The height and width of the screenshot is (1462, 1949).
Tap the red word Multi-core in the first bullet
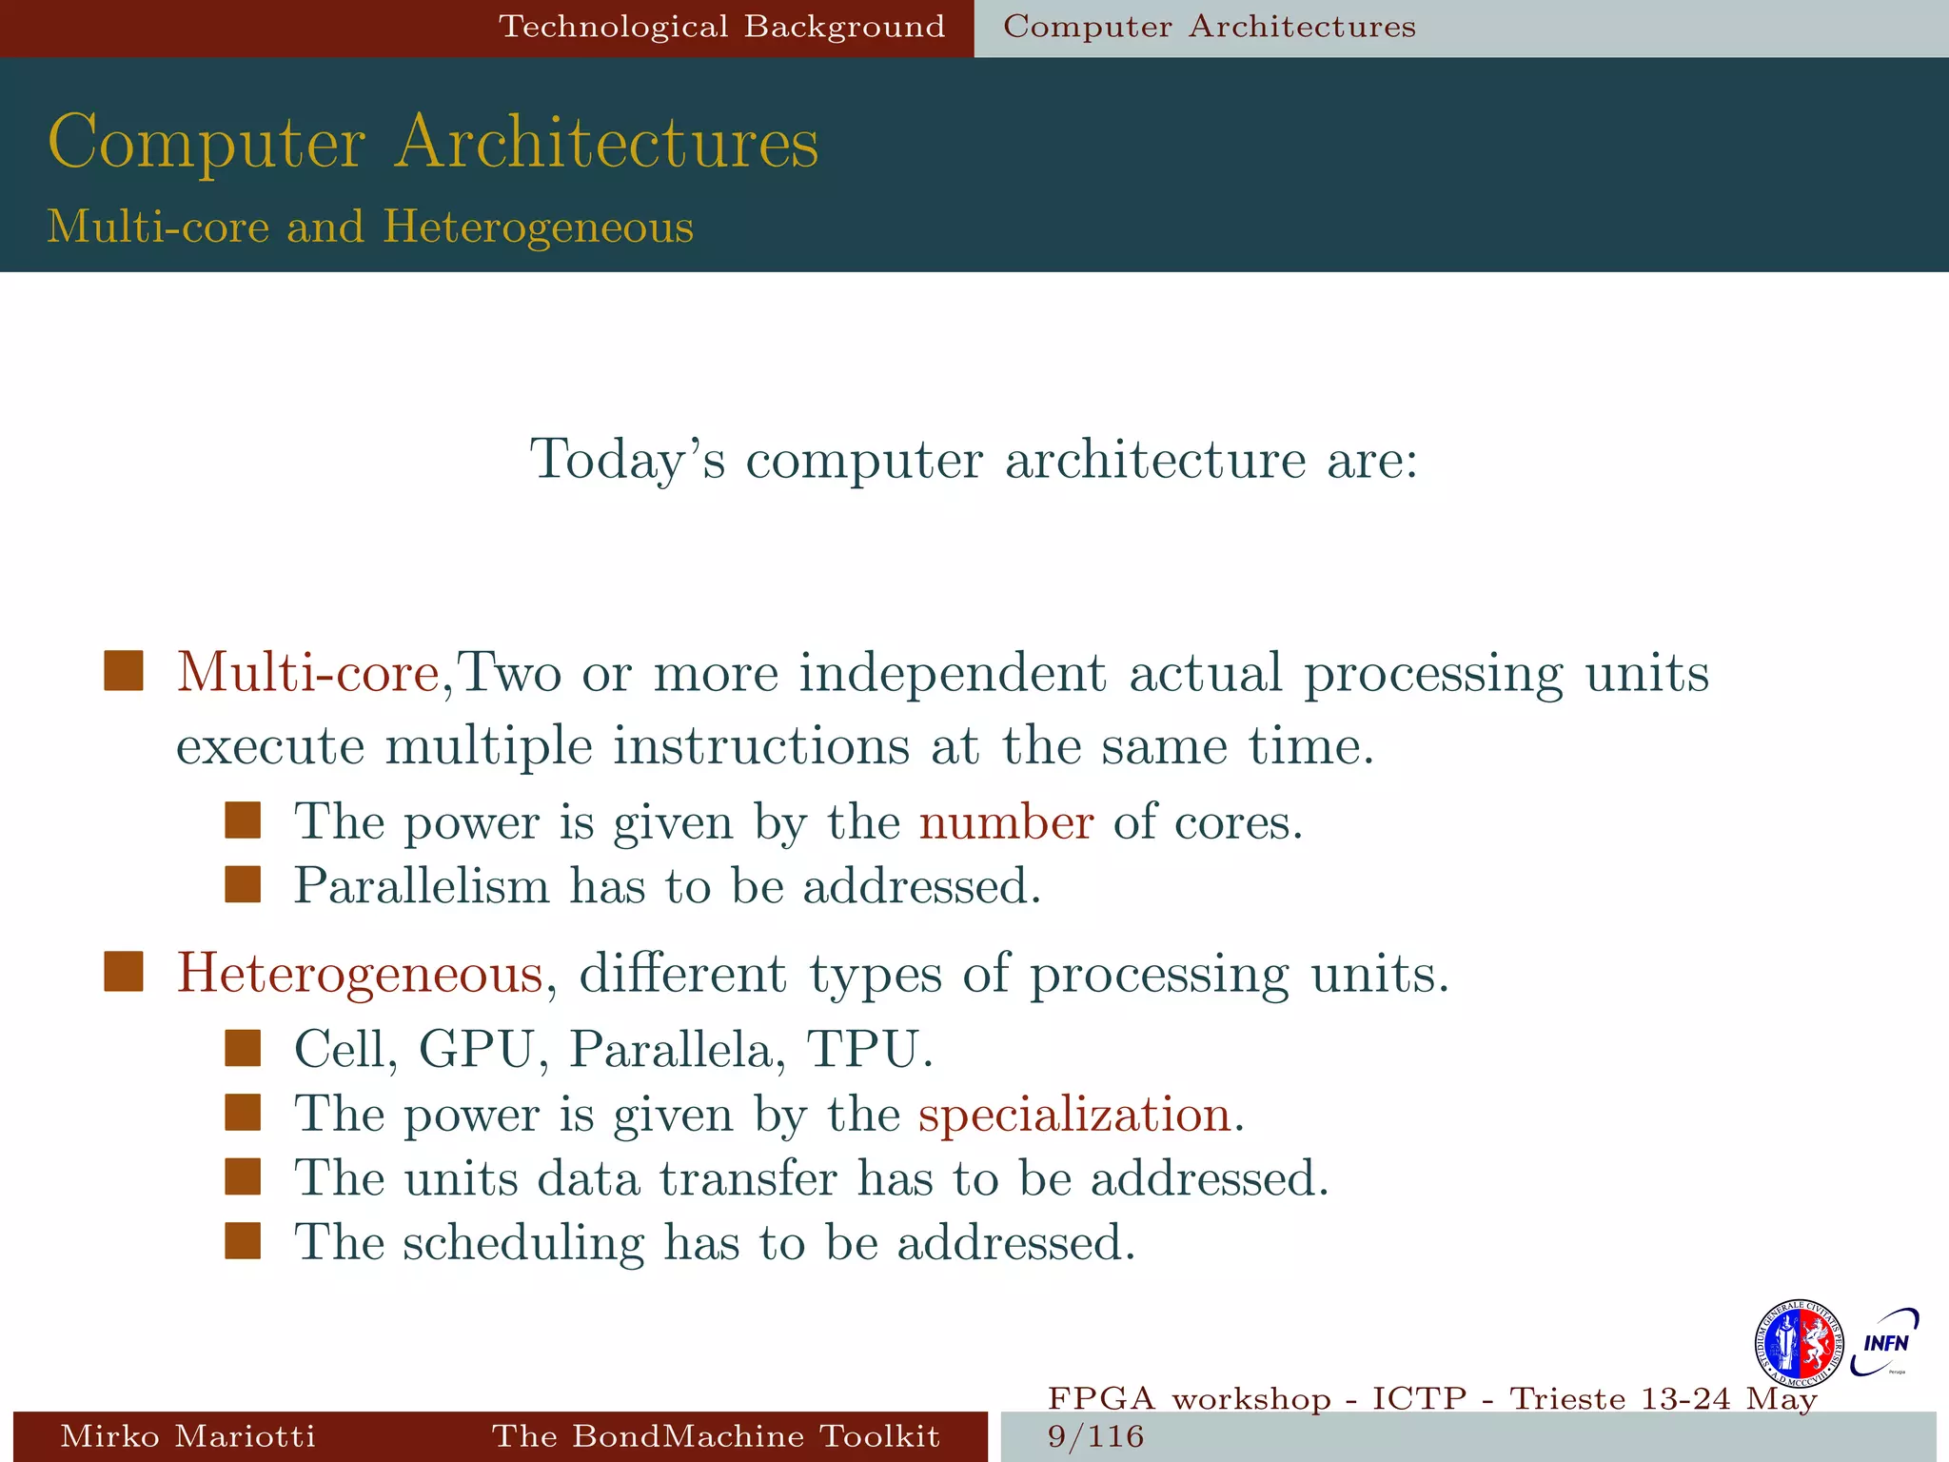coord(306,673)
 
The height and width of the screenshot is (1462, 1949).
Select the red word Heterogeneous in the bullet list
coord(360,974)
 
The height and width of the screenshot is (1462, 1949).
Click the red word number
coord(1006,821)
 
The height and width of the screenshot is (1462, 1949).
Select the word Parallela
coord(677,1050)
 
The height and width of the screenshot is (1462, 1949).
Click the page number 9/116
coord(1095,1436)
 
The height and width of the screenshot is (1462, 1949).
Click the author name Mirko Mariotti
coord(187,1436)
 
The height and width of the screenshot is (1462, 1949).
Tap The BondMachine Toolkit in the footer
coord(716,1436)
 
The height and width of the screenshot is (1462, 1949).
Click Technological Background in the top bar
coord(722,27)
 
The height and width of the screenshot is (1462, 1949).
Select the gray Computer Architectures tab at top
coord(1209,27)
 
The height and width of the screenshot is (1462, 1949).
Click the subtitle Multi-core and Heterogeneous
coord(370,227)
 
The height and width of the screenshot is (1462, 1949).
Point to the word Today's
coord(627,460)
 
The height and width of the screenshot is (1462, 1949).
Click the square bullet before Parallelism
coord(243,884)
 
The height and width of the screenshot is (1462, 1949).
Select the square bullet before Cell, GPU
coord(243,1048)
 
